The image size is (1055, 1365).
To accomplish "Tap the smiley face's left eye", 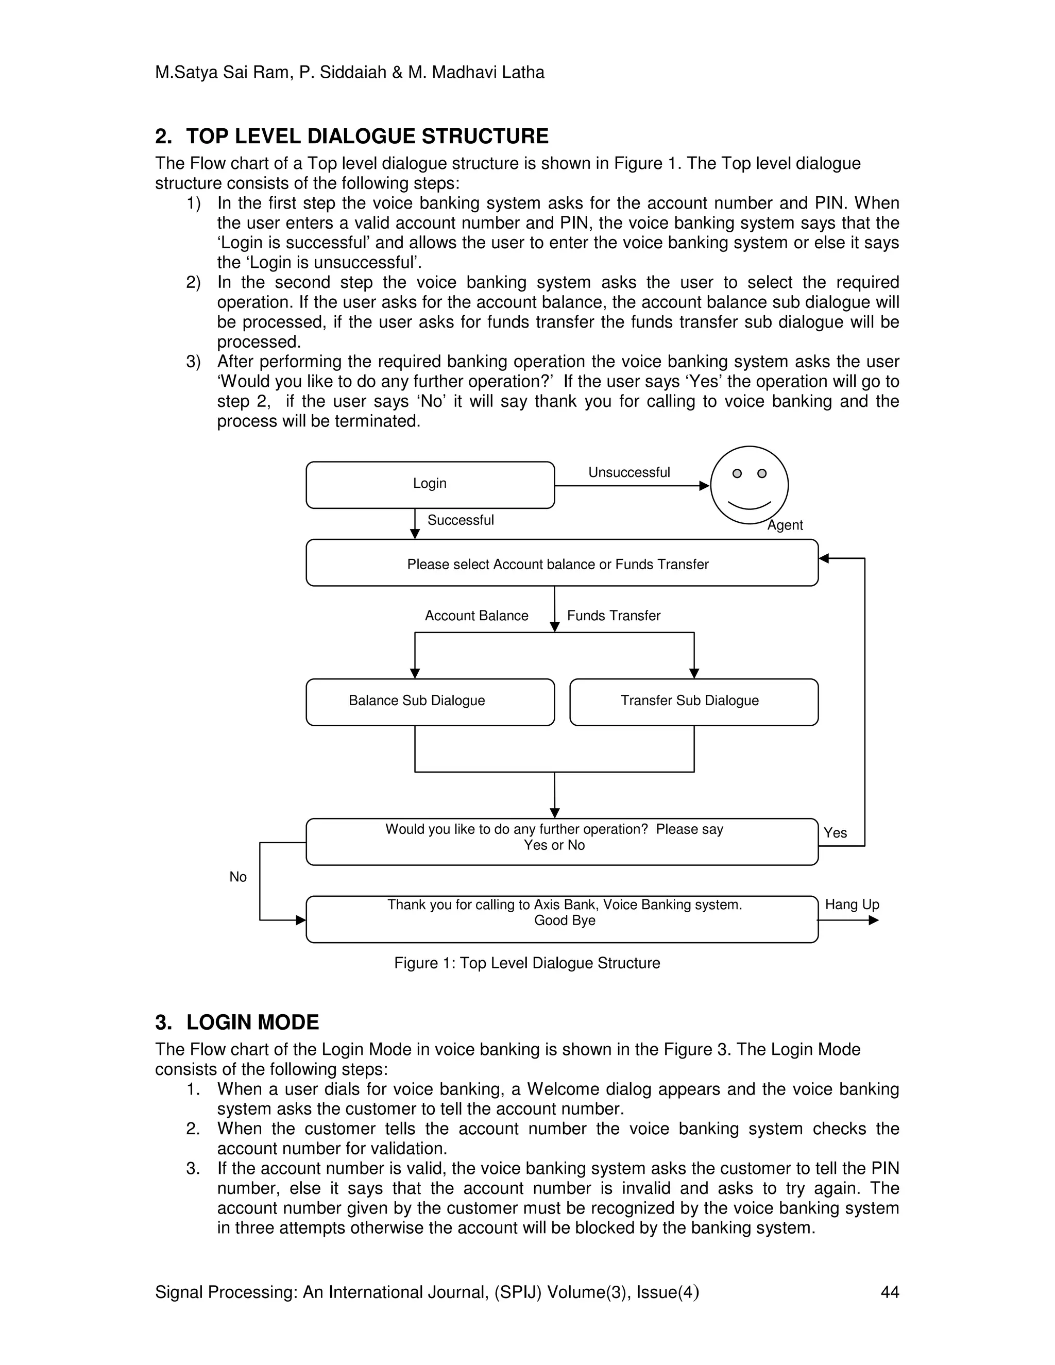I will click(x=737, y=473).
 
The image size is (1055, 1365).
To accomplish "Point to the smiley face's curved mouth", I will click(x=750, y=505).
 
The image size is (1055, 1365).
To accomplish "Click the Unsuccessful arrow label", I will click(x=629, y=472).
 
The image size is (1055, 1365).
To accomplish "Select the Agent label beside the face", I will click(x=785, y=525).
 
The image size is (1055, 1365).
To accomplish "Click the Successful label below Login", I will click(x=461, y=520).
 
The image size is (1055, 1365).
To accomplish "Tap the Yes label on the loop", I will click(x=835, y=832).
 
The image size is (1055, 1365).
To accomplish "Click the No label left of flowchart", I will click(x=238, y=877).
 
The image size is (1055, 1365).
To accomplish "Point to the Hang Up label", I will click(x=852, y=905).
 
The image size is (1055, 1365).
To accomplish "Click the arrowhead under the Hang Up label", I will click(x=874, y=920).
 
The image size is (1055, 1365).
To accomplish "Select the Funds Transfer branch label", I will click(x=614, y=616).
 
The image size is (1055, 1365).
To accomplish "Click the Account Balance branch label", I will click(x=477, y=616).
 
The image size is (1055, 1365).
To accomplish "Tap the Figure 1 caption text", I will click(x=527, y=963).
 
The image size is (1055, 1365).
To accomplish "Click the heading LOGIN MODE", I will click(x=252, y=1022).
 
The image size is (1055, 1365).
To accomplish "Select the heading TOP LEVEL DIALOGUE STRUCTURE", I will click(x=367, y=136).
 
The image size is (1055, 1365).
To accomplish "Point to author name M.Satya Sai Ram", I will click(x=223, y=73).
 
